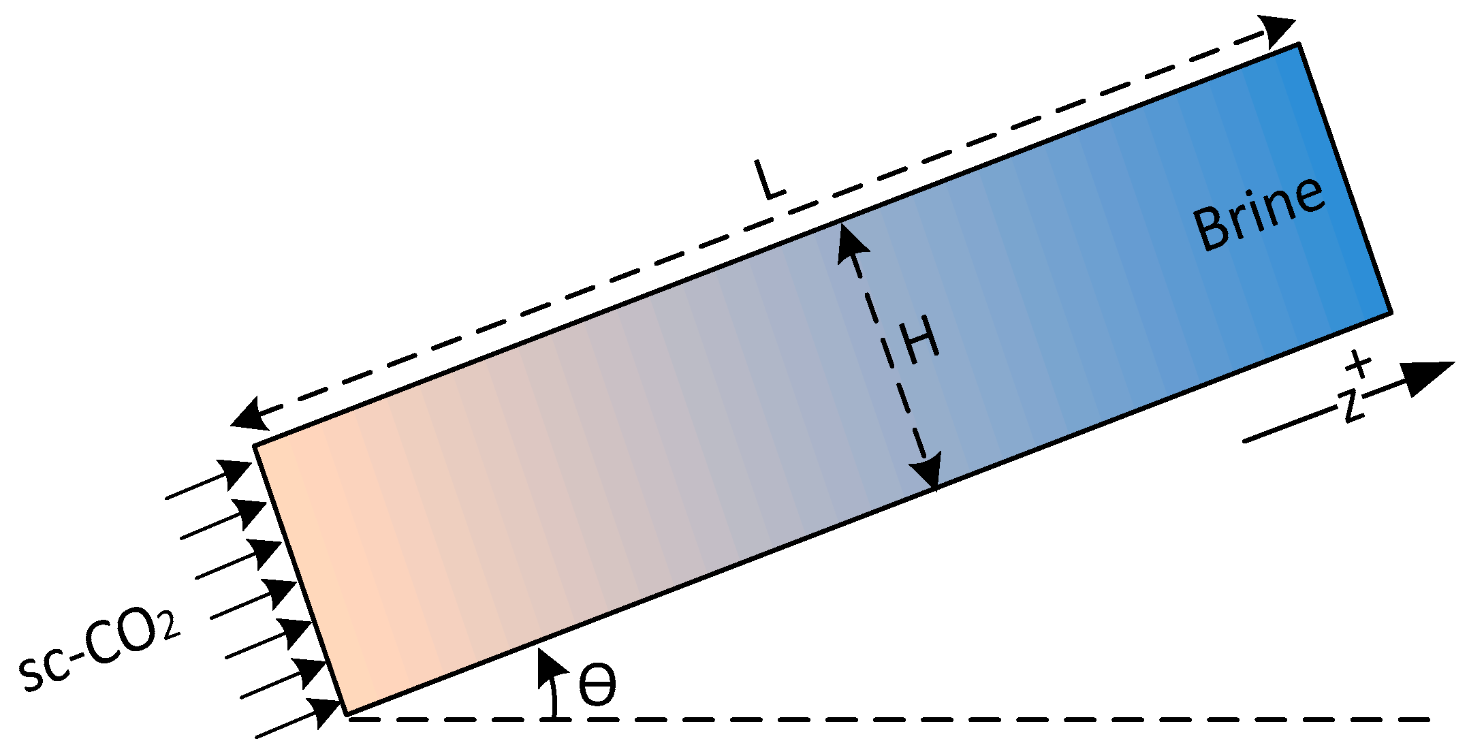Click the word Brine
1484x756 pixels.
point(1259,212)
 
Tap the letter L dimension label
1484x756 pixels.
point(769,180)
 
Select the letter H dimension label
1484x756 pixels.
point(920,342)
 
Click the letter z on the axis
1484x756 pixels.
point(1352,406)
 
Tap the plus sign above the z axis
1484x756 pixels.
point(1358,364)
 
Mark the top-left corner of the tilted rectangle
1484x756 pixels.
point(256,446)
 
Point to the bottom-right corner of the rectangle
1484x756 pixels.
point(1389,313)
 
